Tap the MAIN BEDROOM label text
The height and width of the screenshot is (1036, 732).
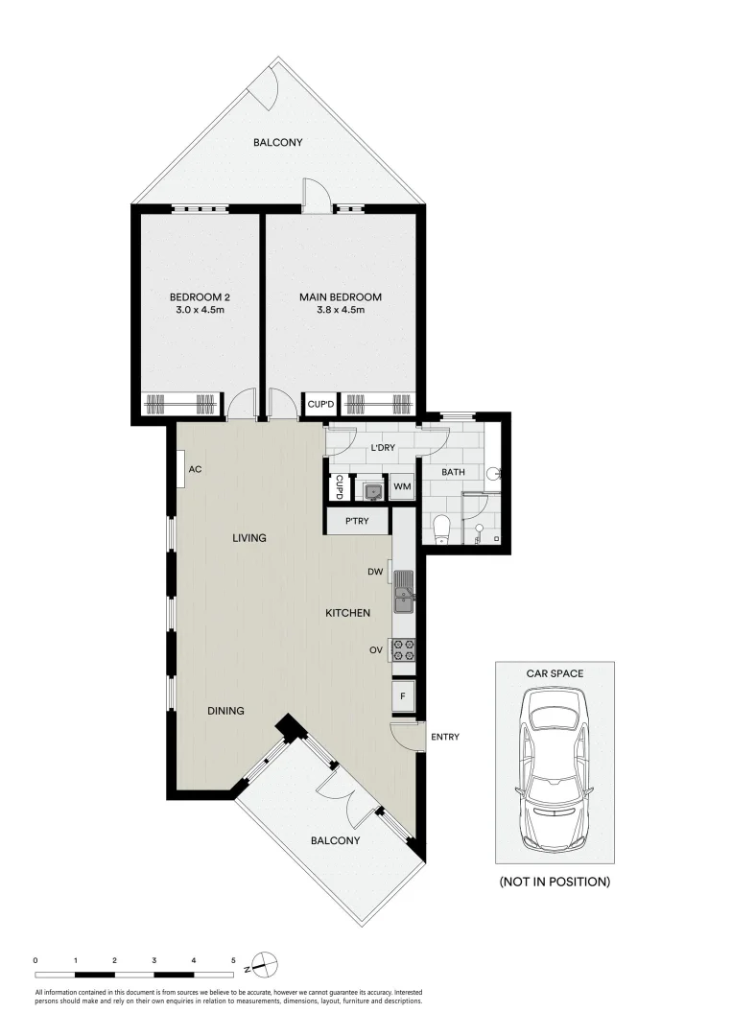340,297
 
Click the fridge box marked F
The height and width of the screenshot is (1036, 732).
403,696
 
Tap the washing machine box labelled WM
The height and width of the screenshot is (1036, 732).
402,487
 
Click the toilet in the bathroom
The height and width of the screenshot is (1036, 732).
441,529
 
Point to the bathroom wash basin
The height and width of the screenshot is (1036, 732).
494,473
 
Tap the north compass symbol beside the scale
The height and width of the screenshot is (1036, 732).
265,962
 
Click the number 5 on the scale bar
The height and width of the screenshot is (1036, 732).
233,959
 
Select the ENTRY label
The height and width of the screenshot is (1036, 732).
445,737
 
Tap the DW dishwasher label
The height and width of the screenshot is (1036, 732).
375,573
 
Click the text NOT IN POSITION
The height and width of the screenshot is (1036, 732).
554,881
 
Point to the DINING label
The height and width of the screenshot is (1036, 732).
226,711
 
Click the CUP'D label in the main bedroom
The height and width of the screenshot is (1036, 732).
319,405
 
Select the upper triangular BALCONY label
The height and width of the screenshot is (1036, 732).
277,143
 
